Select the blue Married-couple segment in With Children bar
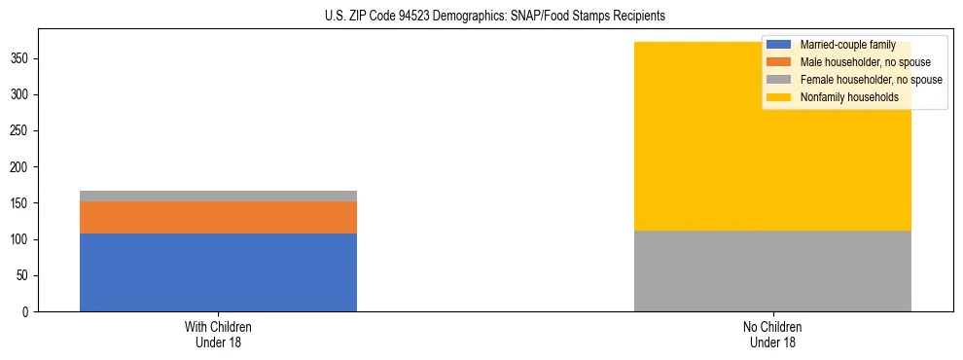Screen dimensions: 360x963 (218, 272)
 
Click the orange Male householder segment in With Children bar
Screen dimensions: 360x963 (218, 217)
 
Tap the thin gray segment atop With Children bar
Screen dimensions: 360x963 (218, 196)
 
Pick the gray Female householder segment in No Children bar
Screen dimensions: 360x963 (772, 270)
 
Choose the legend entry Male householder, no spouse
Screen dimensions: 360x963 (859, 62)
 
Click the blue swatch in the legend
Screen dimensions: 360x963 (778, 46)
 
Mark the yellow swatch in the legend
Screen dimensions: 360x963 (778, 97)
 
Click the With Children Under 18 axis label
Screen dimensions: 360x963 (218, 335)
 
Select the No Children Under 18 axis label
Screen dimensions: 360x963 (772, 335)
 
